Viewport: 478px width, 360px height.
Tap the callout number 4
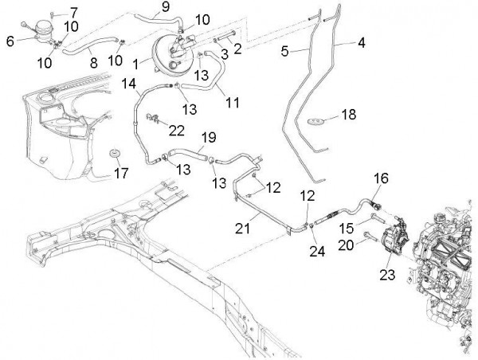[361, 44]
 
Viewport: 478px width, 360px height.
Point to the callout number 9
[166, 7]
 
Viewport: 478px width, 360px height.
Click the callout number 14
[128, 82]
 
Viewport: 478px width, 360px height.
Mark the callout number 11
[233, 102]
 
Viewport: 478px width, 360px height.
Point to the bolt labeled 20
[368, 235]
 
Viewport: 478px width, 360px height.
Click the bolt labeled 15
[375, 213]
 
